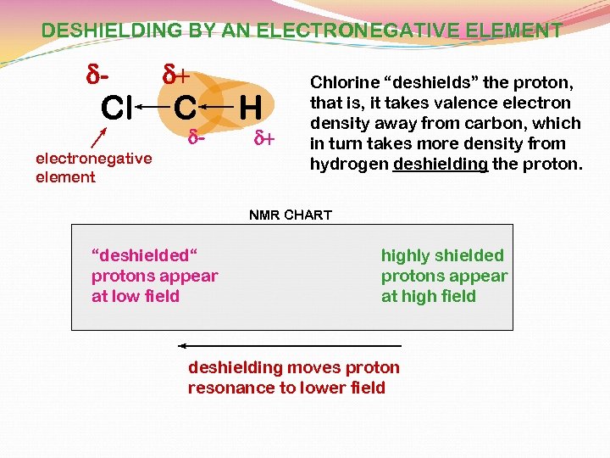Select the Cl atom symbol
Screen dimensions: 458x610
pos(116,108)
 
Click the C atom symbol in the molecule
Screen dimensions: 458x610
pos(186,108)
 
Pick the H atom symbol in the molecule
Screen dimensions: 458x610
pos(249,108)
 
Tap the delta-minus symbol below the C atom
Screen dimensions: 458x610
pos(197,137)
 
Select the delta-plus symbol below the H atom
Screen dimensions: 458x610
pos(265,137)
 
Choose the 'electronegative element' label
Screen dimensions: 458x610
pos(93,167)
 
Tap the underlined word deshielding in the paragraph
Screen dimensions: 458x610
pos(441,164)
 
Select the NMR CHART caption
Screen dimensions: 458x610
pos(291,215)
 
